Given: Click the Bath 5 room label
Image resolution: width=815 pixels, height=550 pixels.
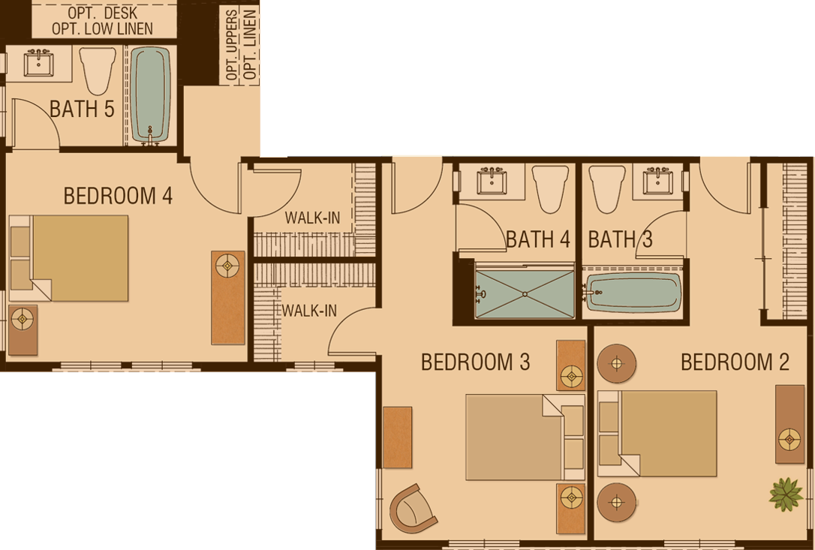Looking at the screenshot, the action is pos(82,109).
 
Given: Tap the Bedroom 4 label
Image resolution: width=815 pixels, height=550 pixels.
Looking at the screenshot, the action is pos(118,196).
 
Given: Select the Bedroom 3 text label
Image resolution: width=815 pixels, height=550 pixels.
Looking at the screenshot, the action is pos(475,362).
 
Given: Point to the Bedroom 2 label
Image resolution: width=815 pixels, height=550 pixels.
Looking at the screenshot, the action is pos(735,362).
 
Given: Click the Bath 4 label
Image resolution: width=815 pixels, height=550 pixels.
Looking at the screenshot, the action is pos(538,239).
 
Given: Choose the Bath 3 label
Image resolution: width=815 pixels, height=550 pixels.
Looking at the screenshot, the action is pos(620,239).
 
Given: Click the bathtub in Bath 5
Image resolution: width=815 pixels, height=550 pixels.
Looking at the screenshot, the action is pos(150,95).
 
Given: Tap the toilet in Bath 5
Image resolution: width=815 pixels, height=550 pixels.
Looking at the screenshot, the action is pos(98,71).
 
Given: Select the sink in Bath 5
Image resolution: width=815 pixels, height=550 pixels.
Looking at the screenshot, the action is pos(38,63).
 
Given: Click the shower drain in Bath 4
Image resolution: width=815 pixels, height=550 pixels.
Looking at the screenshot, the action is pos(525,294).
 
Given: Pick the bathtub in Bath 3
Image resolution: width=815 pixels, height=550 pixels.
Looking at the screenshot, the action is pos(633,293).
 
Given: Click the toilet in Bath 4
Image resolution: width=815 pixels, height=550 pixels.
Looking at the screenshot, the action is pos(550,189).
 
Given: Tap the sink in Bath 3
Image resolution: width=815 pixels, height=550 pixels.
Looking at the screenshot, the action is pos(658,180).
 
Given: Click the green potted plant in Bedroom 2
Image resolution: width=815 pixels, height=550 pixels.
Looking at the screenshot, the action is pos(786,494).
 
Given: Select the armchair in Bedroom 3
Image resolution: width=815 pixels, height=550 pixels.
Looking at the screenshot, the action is pos(414,508).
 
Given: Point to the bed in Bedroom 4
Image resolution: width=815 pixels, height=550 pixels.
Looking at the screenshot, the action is pos(69,258).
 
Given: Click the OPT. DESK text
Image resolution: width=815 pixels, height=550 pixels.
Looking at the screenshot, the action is pos(102,13).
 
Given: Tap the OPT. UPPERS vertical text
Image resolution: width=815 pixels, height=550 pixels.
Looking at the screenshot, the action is pos(233,45).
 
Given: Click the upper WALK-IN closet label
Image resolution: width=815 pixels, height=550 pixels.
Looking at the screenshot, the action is pos(312,218).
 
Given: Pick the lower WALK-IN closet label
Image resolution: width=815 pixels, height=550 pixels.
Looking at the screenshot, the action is pos(309,311).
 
